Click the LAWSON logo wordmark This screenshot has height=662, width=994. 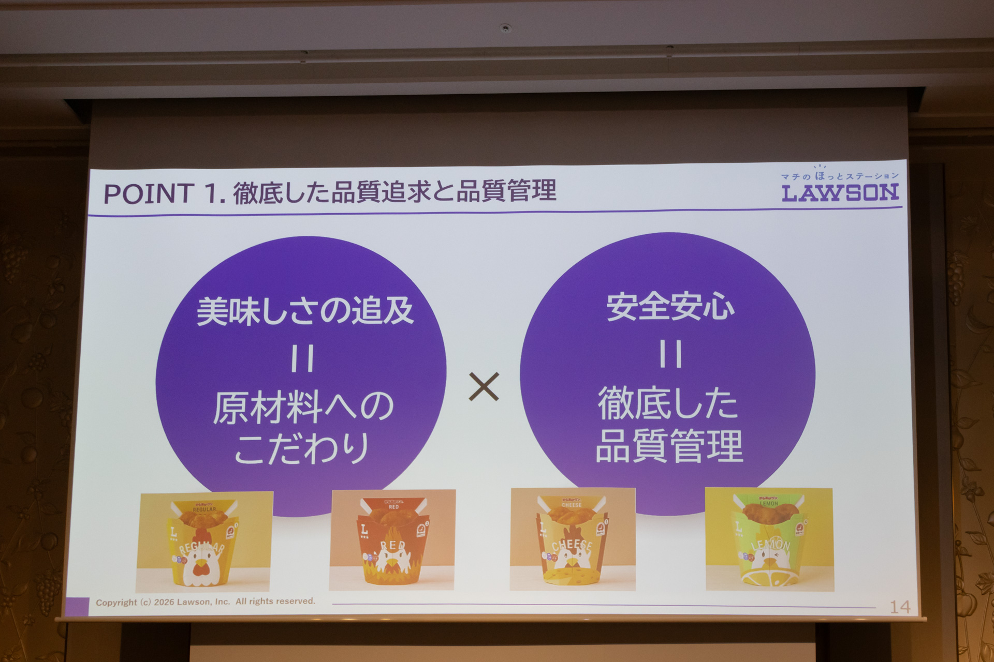(x=840, y=193)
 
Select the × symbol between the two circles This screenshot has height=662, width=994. (x=484, y=386)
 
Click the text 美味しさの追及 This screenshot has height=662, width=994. (x=305, y=311)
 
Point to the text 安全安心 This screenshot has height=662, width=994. (x=670, y=307)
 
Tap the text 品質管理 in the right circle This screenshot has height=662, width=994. (x=669, y=446)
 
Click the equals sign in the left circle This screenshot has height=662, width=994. (x=302, y=359)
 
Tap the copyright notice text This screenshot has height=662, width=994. (x=206, y=601)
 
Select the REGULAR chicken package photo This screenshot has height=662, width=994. (x=204, y=541)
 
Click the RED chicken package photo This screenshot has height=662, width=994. (x=392, y=540)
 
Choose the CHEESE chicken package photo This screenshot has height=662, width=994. (x=573, y=539)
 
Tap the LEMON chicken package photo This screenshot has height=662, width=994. (x=769, y=539)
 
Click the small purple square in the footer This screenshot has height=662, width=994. (x=77, y=606)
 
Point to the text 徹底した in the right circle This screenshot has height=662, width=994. (x=668, y=403)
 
